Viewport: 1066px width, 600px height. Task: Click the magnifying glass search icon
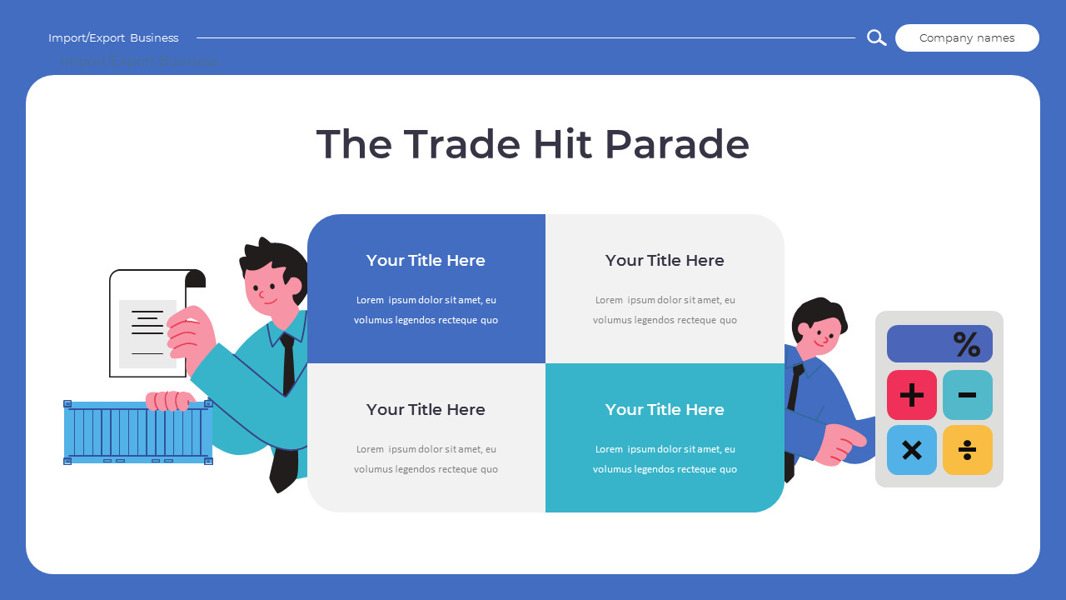click(876, 37)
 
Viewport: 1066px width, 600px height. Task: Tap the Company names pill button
click(967, 38)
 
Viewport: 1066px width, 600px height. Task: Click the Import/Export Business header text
click(113, 38)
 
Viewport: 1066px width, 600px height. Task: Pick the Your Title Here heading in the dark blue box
click(426, 261)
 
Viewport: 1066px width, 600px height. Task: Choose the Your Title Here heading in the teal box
click(665, 410)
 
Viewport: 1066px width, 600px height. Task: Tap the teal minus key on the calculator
click(967, 395)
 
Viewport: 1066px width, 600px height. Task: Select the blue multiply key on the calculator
click(912, 450)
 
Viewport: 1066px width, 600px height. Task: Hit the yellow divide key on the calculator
click(967, 450)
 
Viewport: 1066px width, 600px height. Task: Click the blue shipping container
click(138, 432)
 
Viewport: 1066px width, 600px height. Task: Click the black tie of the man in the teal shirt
click(288, 362)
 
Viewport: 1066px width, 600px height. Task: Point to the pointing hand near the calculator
click(837, 442)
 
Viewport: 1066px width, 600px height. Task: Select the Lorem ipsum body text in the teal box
click(665, 459)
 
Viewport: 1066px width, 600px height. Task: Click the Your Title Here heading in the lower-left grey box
click(426, 410)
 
